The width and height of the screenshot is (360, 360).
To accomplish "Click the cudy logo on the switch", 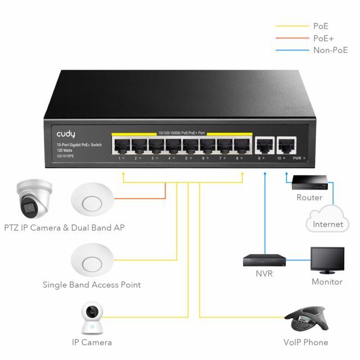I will point(66,134).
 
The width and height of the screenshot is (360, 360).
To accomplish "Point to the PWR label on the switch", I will point(297,159).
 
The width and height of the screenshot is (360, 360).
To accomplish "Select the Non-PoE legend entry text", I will point(330,50).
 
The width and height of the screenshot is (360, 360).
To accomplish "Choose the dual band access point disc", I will point(92,202).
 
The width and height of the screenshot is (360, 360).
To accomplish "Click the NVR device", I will point(264,260).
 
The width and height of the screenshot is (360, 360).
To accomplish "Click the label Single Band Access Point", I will point(92,285).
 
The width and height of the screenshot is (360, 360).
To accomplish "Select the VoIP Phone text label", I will point(305,342).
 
